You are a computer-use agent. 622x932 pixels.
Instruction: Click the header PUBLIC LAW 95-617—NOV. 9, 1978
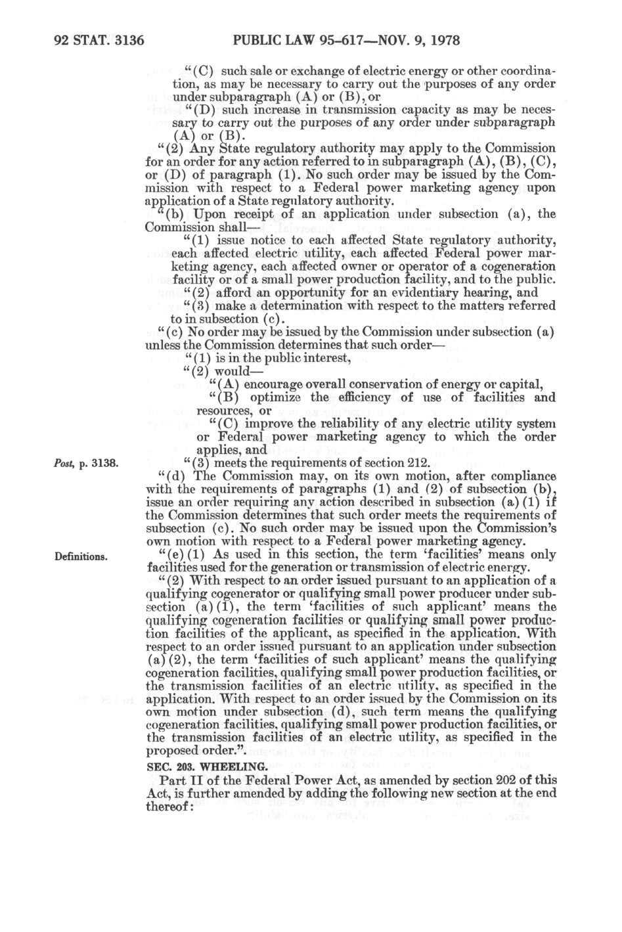[348, 41]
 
